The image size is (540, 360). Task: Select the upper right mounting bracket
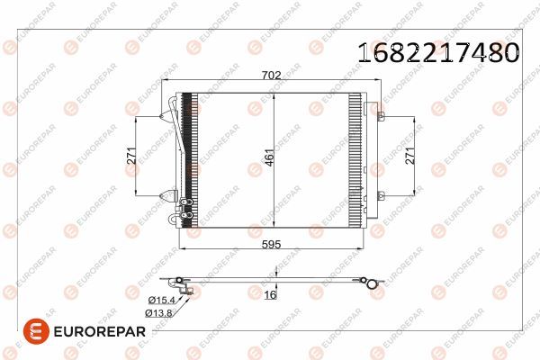(380, 116)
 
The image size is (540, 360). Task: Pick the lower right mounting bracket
(380, 195)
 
